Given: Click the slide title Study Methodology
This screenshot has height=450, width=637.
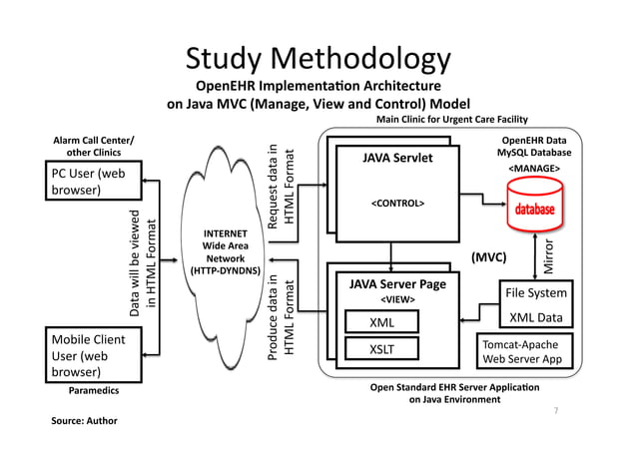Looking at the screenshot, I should click(318, 60).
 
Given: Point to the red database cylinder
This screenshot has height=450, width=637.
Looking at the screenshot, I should click(535, 213).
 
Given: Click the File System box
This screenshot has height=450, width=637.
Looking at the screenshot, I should click(536, 293).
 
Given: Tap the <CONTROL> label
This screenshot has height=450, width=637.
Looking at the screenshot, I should click(397, 204).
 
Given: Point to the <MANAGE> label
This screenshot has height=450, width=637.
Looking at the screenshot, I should click(534, 170).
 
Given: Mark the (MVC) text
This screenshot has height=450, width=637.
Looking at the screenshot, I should click(489, 257).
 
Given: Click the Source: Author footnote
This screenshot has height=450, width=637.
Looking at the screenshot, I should click(84, 421).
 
